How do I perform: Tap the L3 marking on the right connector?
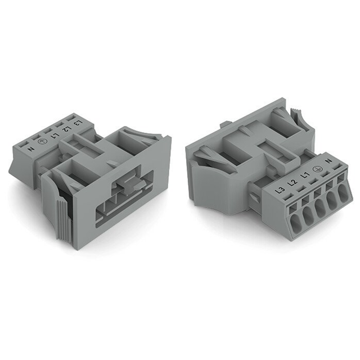(280, 190)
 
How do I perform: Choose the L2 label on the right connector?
(292, 182)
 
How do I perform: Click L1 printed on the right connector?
(304, 176)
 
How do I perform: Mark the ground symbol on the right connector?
(317, 169)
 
